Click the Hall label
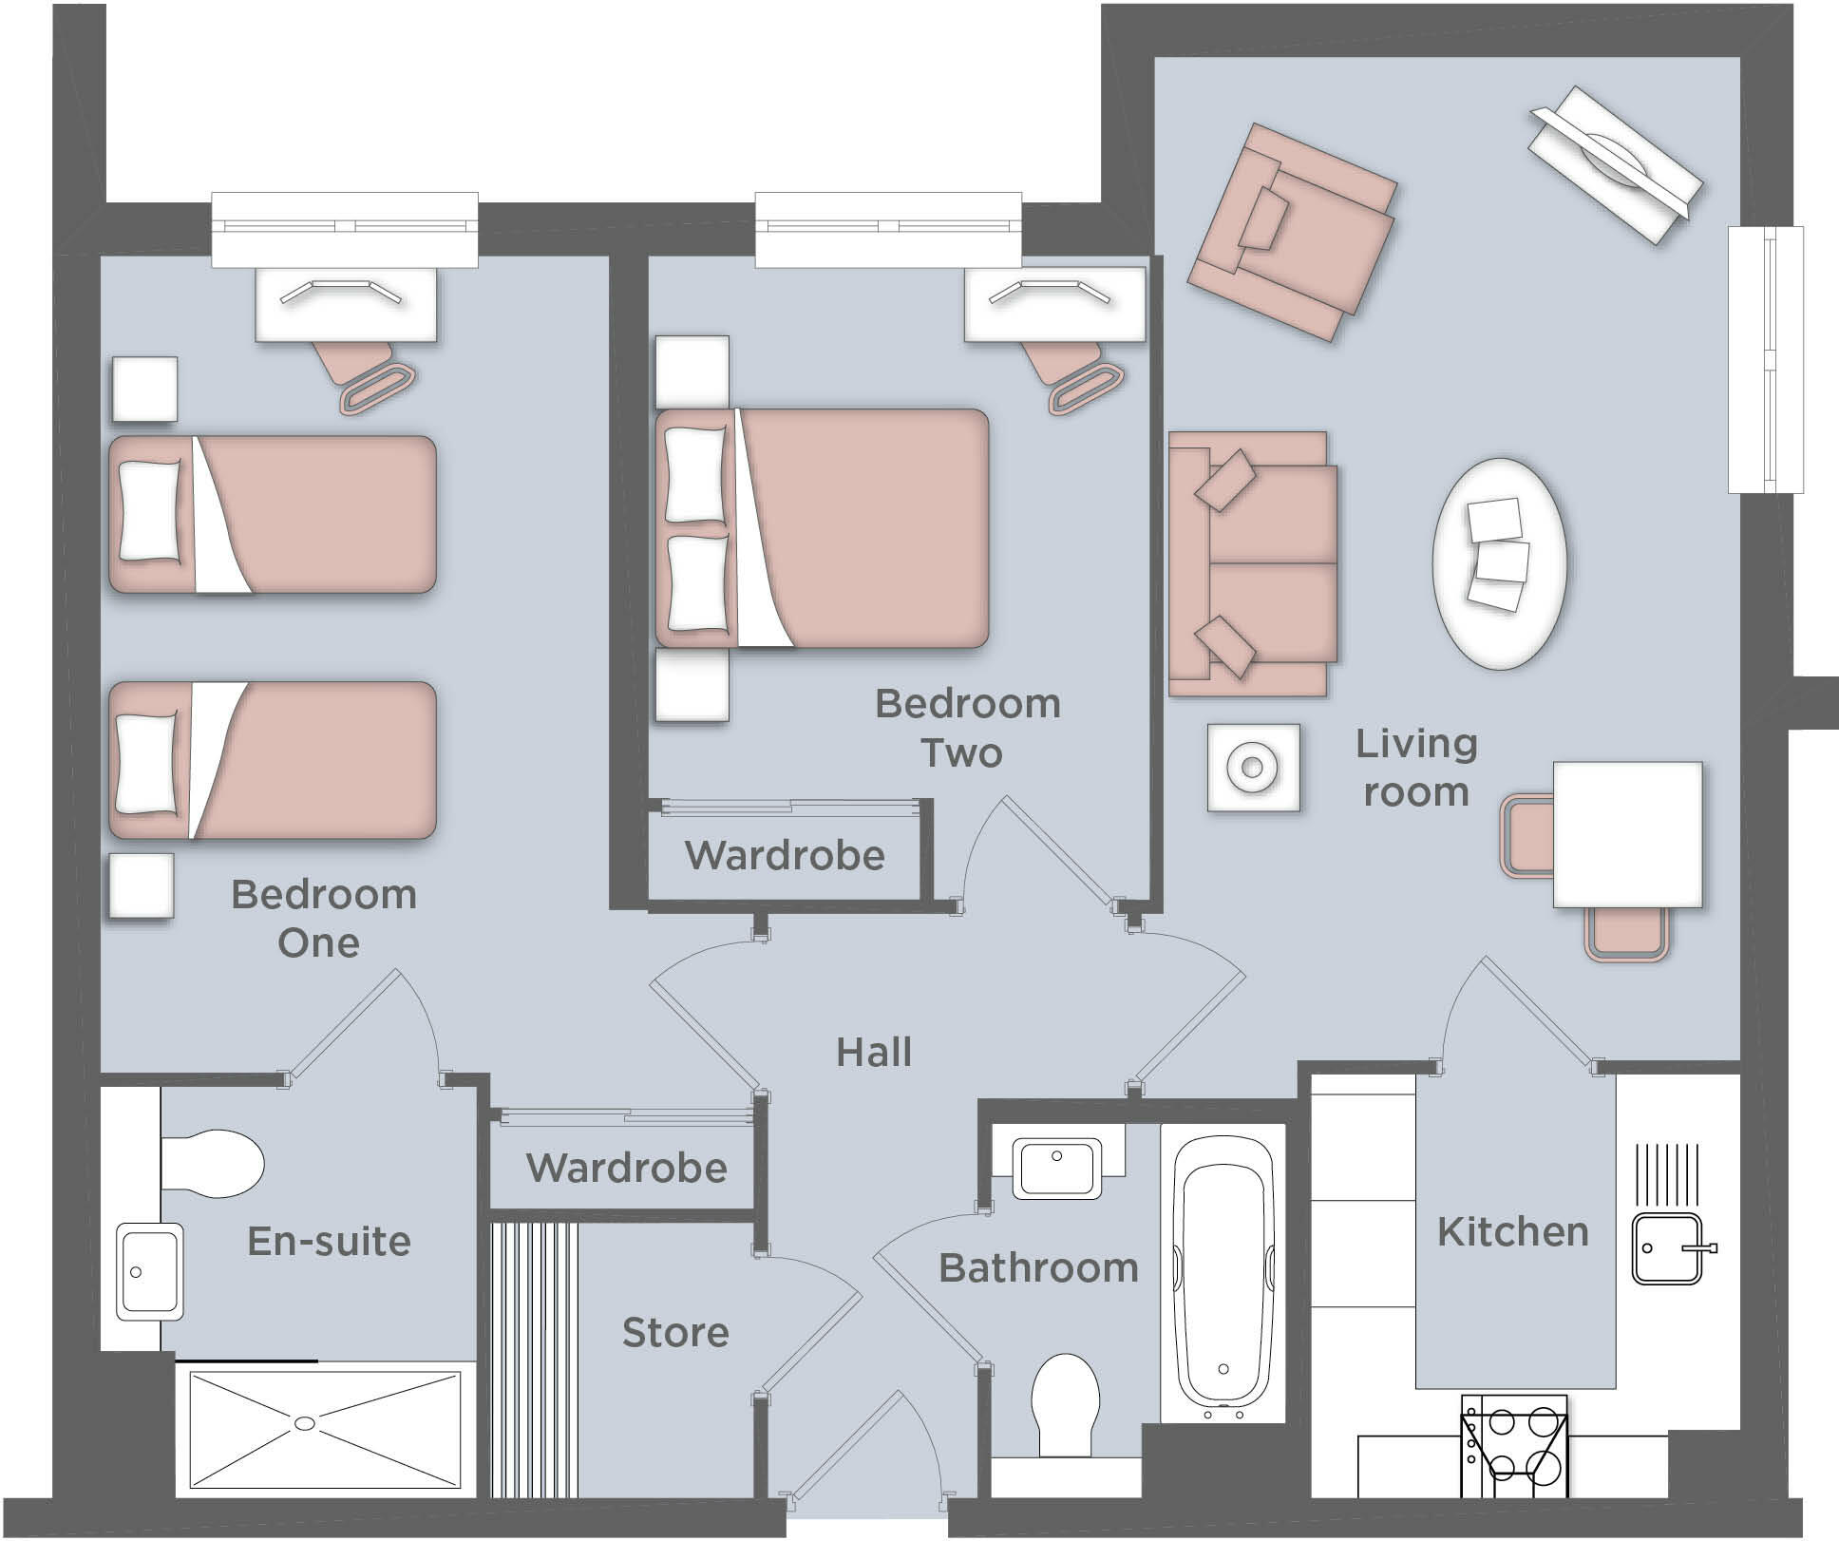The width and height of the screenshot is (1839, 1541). click(x=873, y=1053)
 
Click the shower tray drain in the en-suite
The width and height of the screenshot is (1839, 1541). click(x=305, y=1423)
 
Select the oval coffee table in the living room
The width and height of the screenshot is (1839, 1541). click(x=1499, y=563)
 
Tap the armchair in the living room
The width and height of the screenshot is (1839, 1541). click(x=1290, y=231)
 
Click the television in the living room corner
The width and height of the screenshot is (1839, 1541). click(x=1614, y=163)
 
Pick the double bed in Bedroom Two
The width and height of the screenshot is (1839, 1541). click(x=823, y=528)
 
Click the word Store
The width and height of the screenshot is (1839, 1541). click(x=675, y=1333)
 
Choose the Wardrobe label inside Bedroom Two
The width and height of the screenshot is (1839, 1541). click(x=785, y=856)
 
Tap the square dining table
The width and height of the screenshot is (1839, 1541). click(x=1627, y=834)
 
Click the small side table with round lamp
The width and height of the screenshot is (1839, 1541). click(x=1253, y=767)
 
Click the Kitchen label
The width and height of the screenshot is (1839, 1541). click(x=1512, y=1232)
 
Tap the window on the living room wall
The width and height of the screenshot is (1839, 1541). click(x=1765, y=359)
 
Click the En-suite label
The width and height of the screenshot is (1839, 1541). click(x=329, y=1242)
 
